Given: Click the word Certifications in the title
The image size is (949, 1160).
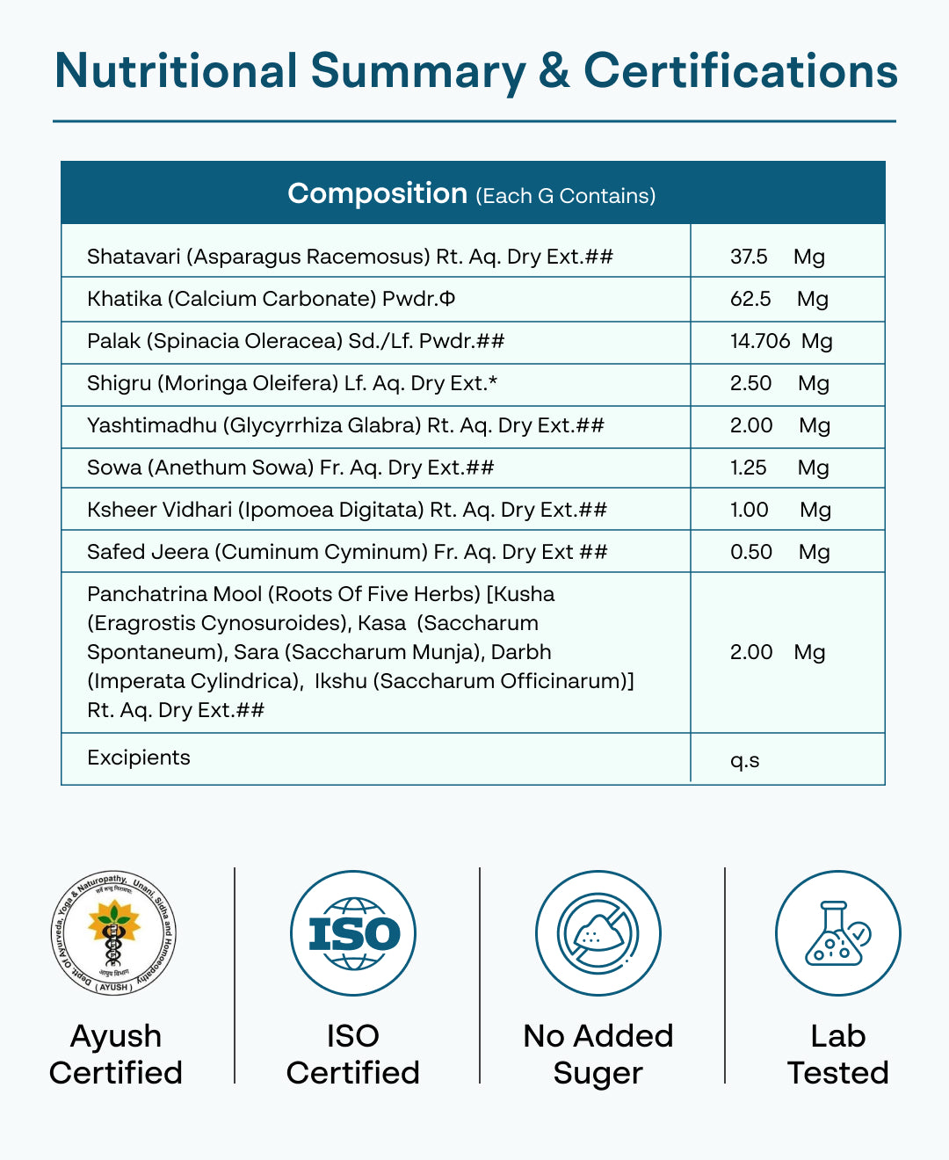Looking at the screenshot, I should click(x=741, y=71).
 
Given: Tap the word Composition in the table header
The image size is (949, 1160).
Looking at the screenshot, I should click(x=377, y=193).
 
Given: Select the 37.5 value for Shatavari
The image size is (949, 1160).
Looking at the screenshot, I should click(x=749, y=257).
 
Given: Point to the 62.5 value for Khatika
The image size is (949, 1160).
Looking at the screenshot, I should click(x=750, y=299).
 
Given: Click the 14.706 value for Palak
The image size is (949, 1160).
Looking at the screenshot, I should click(x=760, y=341).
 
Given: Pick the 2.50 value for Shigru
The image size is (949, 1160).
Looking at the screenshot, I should click(x=750, y=383).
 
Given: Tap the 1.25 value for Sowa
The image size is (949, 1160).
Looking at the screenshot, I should click(x=748, y=468).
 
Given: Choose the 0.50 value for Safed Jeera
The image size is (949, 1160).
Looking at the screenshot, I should click(x=750, y=552).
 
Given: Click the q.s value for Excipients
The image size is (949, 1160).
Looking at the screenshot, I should click(x=744, y=760).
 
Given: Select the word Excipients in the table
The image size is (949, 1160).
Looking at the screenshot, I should click(x=139, y=758).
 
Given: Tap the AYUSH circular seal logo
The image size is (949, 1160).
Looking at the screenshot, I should click(x=114, y=933).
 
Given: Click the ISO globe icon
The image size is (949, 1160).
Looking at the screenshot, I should click(x=353, y=933).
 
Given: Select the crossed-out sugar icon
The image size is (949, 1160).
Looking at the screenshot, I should click(x=598, y=933).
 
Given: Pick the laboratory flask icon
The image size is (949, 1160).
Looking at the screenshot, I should click(x=837, y=933).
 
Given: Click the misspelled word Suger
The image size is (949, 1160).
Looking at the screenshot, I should click(x=598, y=1073).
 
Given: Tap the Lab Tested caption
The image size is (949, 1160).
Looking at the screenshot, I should click(x=837, y=1055).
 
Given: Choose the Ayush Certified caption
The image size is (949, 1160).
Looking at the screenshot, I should click(x=115, y=1055).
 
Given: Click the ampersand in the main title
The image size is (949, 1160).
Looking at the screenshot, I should click(x=554, y=71).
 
